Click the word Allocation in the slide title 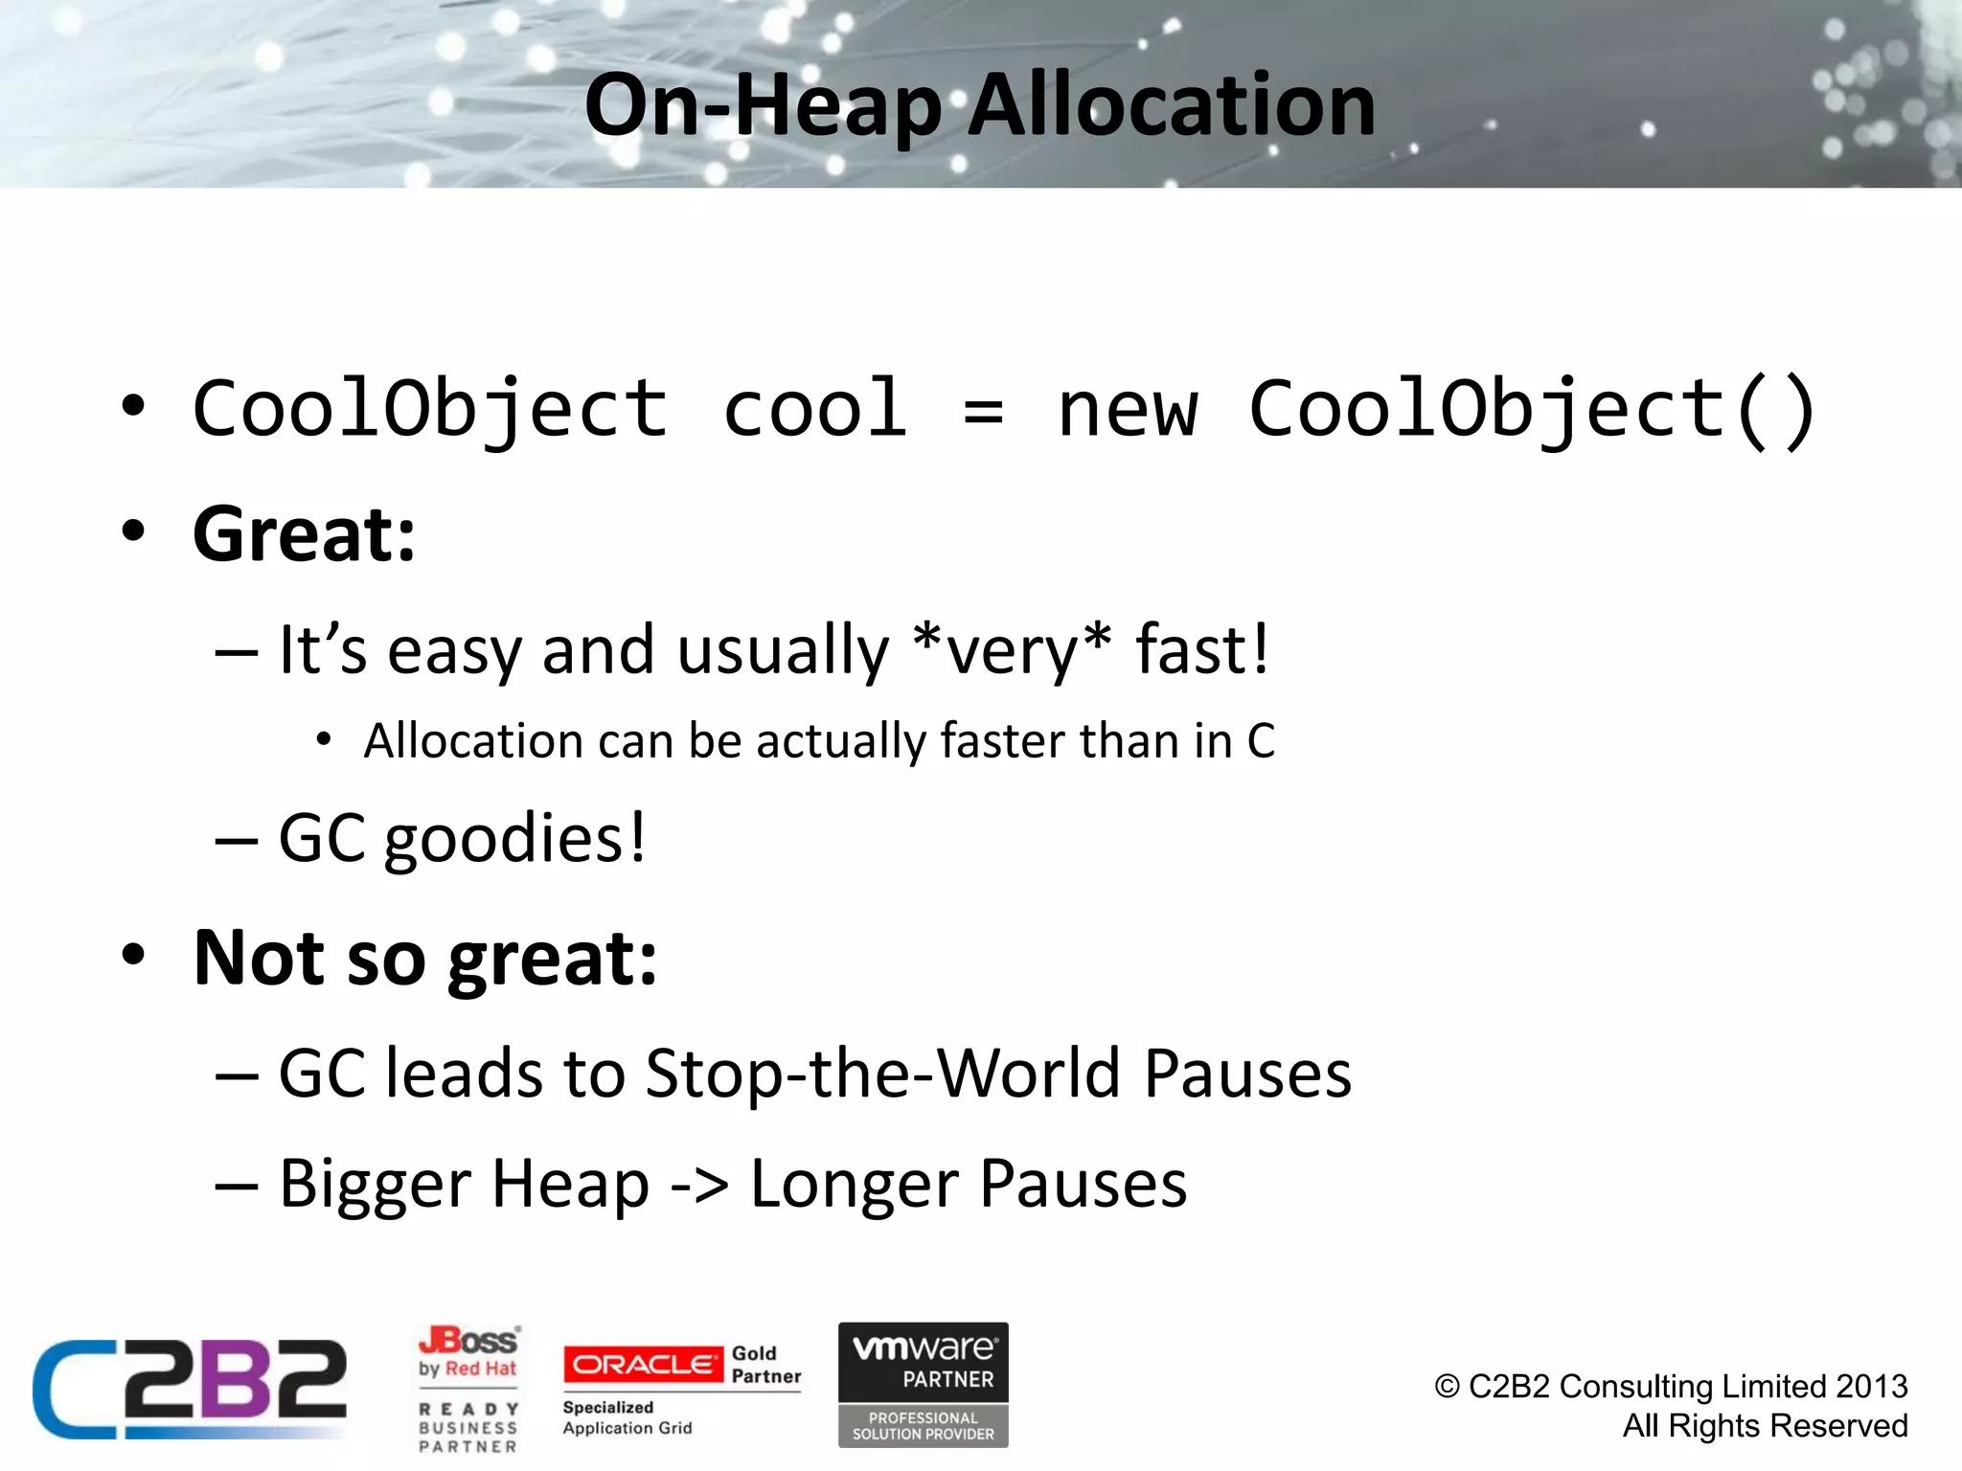(x=1171, y=105)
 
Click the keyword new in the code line (x=1127, y=410)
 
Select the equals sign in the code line (x=983, y=412)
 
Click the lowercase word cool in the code (x=814, y=410)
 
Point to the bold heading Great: (x=304, y=534)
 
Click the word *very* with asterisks (x=1013, y=649)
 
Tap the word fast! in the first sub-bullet (x=1201, y=649)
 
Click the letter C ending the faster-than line (x=1261, y=741)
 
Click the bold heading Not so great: (x=425, y=958)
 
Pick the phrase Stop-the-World (x=882, y=1074)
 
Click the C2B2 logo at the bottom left (x=190, y=1389)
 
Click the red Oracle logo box (x=643, y=1364)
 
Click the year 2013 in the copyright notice (x=1871, y=1387)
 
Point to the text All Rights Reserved (x=1764, y=1426)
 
